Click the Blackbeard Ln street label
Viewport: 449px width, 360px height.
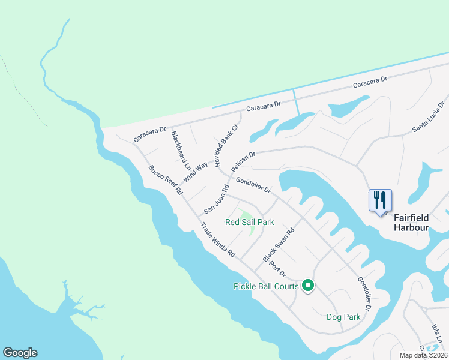point(181,151)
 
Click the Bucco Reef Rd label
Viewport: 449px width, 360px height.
point(166,180)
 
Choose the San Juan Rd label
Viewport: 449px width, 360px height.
point(217,199)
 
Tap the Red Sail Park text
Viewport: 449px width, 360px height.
point(250,223)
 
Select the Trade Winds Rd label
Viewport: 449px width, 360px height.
point(217,240)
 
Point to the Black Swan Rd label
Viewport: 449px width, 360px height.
point(279,245)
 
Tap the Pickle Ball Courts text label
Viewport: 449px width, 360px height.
point(266,286)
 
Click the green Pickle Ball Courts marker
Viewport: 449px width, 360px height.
point(308,286)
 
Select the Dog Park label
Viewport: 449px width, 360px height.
point(343,317)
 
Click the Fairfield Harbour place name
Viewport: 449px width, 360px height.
point(411,223)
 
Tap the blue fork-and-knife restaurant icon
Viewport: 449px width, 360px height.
point(380,200)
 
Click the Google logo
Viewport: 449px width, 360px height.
point(20,353)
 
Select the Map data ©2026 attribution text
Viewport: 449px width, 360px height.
point(423,355)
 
